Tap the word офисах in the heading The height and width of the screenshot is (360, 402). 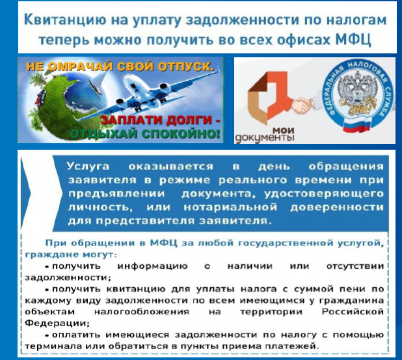pos(304,40)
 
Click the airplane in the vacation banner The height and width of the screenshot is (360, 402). pos(149,94)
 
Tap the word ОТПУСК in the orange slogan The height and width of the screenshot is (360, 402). pos(186,66)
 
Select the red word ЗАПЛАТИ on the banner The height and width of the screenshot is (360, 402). pos(132,120)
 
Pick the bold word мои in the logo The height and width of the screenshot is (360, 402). pos(284,131)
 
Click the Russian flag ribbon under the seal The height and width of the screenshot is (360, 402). pos(357,126)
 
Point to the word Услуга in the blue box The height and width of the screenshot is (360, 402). pos(88,167)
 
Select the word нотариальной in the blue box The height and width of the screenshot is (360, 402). pos(230,207)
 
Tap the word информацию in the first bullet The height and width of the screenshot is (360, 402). pos(152,266)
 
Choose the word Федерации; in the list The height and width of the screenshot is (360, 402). pos(57,323)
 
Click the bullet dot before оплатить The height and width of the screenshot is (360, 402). pos(47,335)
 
